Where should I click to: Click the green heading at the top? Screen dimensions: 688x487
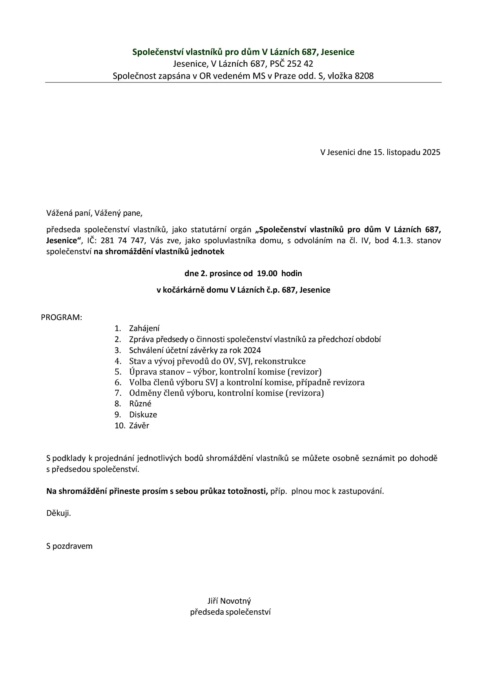(x=243, y=52)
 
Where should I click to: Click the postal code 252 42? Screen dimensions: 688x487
(x=300, y=64)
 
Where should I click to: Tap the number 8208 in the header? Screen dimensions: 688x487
(x=364, y=76)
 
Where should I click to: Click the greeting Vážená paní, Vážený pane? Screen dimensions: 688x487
(x=94, y=213)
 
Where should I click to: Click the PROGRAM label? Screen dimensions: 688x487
(x=62, y=317)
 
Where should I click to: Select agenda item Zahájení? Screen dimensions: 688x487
(x=144, y=329)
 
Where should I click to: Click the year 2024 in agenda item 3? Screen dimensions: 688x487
(x=252, y=350)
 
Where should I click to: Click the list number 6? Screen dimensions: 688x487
(x=118, y=382)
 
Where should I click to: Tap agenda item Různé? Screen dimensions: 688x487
(x=140, y=404)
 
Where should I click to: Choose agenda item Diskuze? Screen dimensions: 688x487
(x=143, y=415)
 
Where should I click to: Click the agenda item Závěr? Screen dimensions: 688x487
(x=139, y=426)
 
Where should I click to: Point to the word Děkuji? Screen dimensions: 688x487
(x=58, y=513)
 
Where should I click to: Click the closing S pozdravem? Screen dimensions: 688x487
(x=69, y=546)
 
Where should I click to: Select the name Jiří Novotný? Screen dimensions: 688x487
(x=229, y=601)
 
